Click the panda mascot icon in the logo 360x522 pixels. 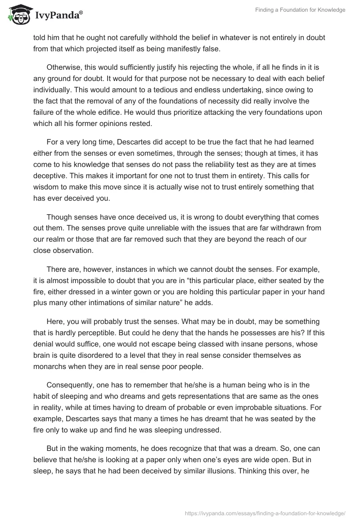pos(17,15)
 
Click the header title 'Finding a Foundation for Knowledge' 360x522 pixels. pos(300,10)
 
